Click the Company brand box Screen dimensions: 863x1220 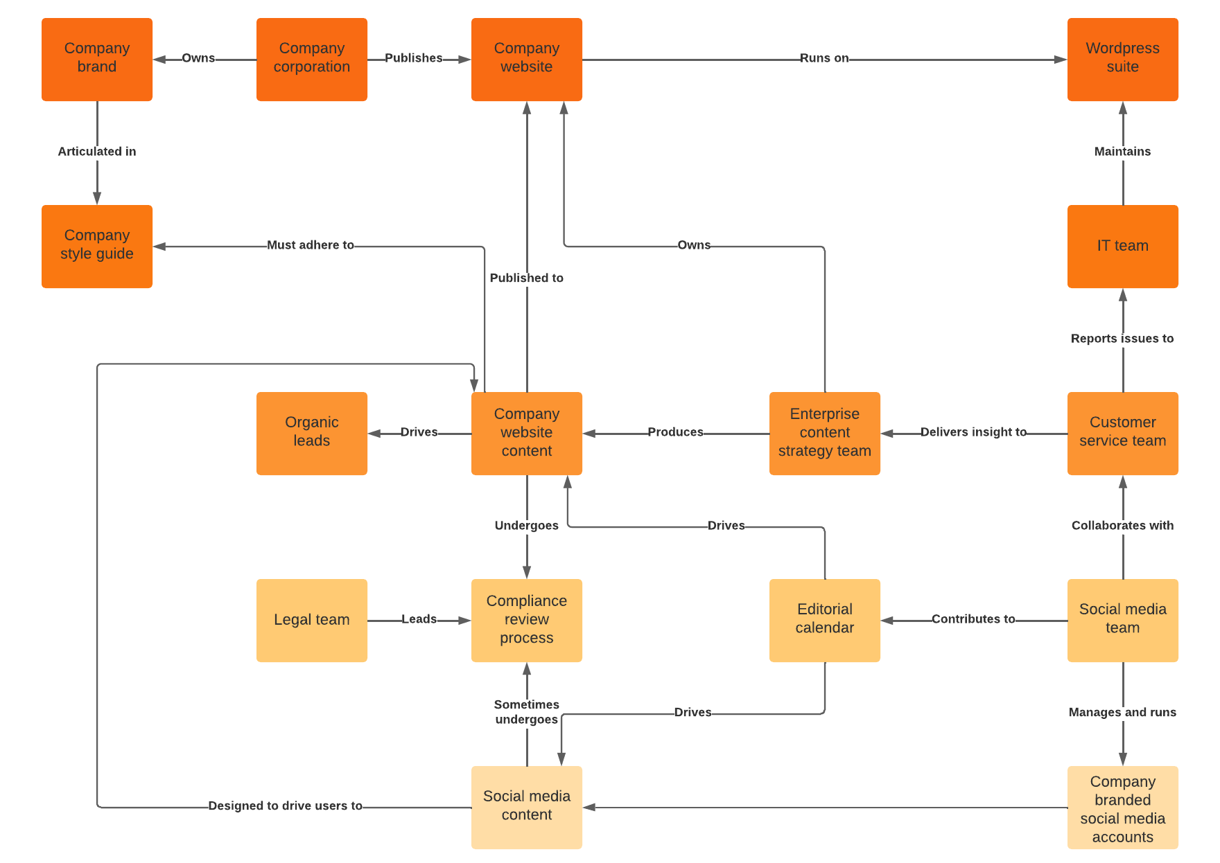(x=97, y=60)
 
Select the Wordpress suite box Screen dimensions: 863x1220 (x=1122, y=60)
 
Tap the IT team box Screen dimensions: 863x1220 (x=1122, y=247)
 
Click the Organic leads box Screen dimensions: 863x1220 (x=312, y=434)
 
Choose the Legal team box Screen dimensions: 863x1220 (x=312, y=621)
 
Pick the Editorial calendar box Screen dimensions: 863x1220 (x=824, y=621)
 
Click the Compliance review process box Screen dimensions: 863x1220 (x=527, y=621)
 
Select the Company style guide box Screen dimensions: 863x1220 (x=97, y=247)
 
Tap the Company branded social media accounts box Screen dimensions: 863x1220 (x=1122, y=808)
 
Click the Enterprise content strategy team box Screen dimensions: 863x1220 (x=824, y=434)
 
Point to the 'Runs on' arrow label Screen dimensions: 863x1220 (x=824, y=58)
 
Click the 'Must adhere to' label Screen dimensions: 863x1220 (x=311, y=245)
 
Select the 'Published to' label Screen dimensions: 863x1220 (x=527, y=278)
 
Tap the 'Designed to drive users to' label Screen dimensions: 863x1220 (x=285, y=806)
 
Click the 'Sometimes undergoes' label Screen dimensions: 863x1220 (x=527, y=712)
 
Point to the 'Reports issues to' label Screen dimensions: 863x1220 (x=1122, y=339)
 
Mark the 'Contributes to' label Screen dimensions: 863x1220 (x=973, y=619)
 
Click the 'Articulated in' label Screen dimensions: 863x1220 (x=97, y=152)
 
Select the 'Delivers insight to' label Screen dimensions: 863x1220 (x=973, y=432)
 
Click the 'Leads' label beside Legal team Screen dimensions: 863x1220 (x=419, y=619)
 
